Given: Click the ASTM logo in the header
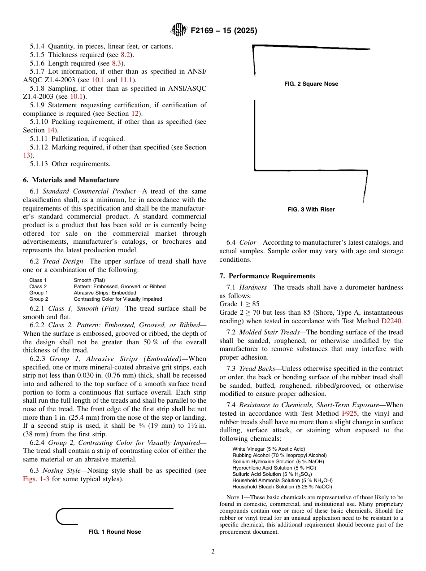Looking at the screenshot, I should tap(178, 30).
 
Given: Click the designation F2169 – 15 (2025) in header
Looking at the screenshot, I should tap(224, 31).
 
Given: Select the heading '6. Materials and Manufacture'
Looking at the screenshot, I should tap(71, 180).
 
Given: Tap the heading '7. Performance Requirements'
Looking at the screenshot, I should tap(267, 276).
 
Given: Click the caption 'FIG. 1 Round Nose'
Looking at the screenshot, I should tap(115, 532).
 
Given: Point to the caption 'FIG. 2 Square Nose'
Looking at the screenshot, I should tap(311, 84).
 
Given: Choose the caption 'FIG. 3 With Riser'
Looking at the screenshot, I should tap(311, 210).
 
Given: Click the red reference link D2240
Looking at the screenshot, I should tap(392, 321).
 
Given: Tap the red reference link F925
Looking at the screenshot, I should tap(349, 413).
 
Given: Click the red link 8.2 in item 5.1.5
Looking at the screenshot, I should tap(126, 55).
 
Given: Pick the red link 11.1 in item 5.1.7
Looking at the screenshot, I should tap(125, 80).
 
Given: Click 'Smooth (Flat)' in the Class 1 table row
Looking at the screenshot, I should tap(89, 280).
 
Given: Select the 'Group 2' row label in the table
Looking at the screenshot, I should tap(39, 299).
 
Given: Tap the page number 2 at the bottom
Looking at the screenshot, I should tap(213, 552).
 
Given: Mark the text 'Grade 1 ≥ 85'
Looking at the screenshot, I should tap(239, 304).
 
